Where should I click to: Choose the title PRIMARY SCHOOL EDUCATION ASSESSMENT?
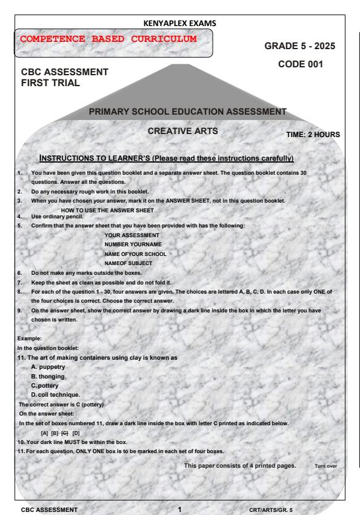point(187,111)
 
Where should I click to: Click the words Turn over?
point(325,466)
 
